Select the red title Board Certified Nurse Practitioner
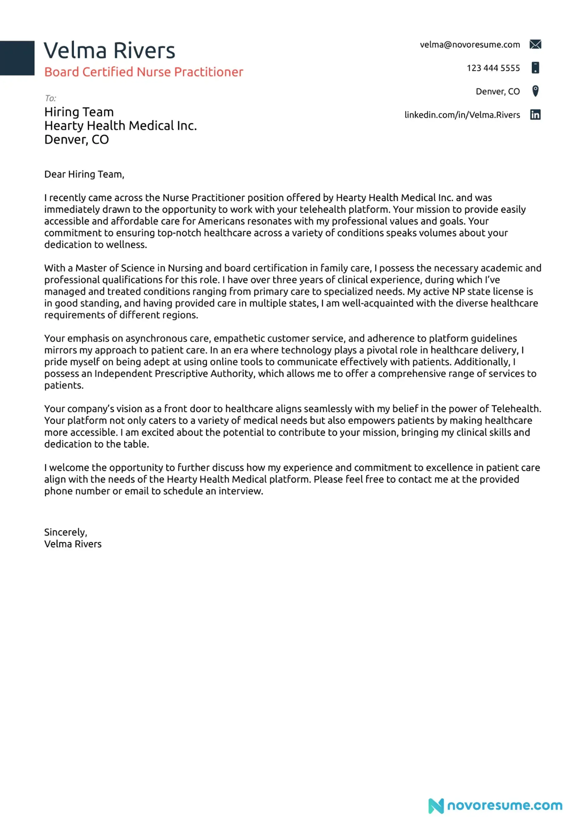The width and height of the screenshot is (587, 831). (144, 72)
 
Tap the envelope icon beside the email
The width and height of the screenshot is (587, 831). (535, 45)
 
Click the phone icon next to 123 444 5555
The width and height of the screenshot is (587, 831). (535, 68)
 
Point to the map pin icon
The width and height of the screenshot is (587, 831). (535, 91)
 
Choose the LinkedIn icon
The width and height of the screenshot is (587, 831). (535, 115)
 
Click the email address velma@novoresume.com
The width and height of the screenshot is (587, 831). (470, 45)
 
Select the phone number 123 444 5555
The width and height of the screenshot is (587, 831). (493, 68)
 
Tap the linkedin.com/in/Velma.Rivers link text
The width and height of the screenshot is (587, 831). (462, 115)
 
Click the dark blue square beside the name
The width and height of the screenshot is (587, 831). (17, 58)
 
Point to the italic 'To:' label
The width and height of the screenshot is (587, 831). (50, 98)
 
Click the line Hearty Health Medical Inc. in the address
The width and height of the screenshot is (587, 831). (120, 126)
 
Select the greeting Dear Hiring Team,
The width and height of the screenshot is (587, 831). (84, 174)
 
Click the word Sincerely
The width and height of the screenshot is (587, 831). (65, 532)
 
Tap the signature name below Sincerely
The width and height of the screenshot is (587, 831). (73, 544)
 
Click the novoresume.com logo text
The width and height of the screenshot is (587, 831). (505, 805)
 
